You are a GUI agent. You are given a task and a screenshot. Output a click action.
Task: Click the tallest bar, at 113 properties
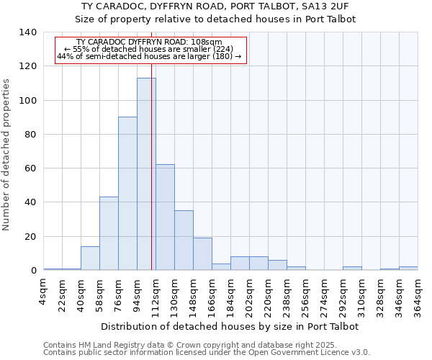(146, 174)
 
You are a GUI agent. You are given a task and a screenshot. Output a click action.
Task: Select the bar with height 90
(127, 194)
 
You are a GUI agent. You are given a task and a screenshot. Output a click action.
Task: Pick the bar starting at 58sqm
(109, 233)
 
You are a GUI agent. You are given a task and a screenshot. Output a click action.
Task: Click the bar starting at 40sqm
(90, 258)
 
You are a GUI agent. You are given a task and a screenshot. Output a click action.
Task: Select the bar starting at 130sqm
(184, 240)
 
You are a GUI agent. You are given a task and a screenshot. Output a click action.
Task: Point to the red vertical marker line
(151, 158)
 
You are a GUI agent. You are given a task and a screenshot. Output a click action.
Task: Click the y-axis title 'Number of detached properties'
(6, 155)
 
